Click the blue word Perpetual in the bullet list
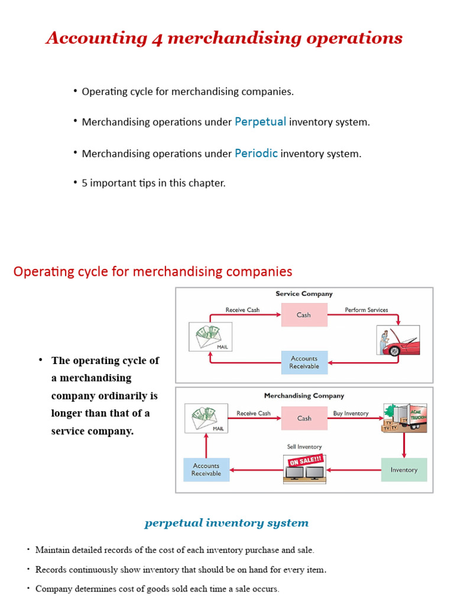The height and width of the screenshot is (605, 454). coord(260,122)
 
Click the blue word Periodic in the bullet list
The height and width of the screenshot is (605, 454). coord(256,153)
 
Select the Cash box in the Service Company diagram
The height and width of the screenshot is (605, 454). coord(304,315)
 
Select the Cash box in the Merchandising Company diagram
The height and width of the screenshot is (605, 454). coord(304,418)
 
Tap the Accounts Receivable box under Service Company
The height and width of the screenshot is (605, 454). coord(304,362)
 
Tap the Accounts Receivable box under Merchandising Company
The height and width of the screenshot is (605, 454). coord(206,470)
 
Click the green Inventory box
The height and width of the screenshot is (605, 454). coord(404,470)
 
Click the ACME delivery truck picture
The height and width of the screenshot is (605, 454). coord(405,418)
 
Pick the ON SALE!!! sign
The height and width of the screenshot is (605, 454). coord(305,460)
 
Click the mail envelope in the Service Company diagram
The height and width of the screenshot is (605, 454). coord(210,336)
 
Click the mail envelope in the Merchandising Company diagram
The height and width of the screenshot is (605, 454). coord(206,418)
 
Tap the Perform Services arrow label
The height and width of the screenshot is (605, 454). coord(367,310)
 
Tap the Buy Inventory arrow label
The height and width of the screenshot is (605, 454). coord(351,414)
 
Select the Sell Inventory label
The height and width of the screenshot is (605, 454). coord(304,447)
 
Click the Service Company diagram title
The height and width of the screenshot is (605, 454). coord(304,294)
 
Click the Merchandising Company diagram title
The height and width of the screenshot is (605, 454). coord(304,396)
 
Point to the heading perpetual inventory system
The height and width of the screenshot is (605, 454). coord(226,523)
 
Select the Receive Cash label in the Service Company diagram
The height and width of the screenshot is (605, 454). coord(242,310)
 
